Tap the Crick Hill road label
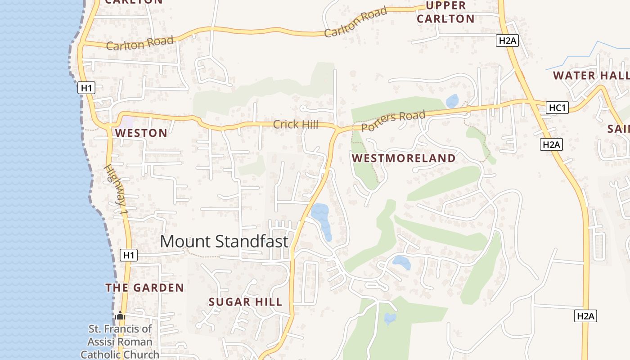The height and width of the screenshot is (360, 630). pyautogui.click(x=296, y=125)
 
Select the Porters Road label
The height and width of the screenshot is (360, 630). pyautogui.click(x=393, y=121)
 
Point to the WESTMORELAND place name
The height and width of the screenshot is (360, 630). pyautogui.click(x=404, y=158)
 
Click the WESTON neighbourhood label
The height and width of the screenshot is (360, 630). pyautogui.click(x=141, y=133)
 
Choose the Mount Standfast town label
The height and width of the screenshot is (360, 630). pyautogui.click(x=224, y=242)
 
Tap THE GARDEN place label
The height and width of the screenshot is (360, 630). pyautogui.click(x=144, y=288)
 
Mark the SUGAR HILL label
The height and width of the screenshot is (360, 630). pyautogui.click(x=245, y=302)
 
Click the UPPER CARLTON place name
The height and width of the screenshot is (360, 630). pyautogui.click(x=445, y=12)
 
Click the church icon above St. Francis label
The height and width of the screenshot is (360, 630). pyautogui.click(x=120, y=316)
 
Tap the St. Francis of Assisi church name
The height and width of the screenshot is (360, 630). pyautogui.click(x=120, y=342)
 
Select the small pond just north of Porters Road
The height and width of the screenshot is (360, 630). pyautogui.click(x=452, y=101)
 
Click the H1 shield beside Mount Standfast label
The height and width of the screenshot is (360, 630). pyautogui.click(x=129, y=255)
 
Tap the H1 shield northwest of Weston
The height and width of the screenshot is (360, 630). pyautogui.click(x=86, y=88)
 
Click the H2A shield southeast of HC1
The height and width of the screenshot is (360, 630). pyautogui.click(x=551, y=144)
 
